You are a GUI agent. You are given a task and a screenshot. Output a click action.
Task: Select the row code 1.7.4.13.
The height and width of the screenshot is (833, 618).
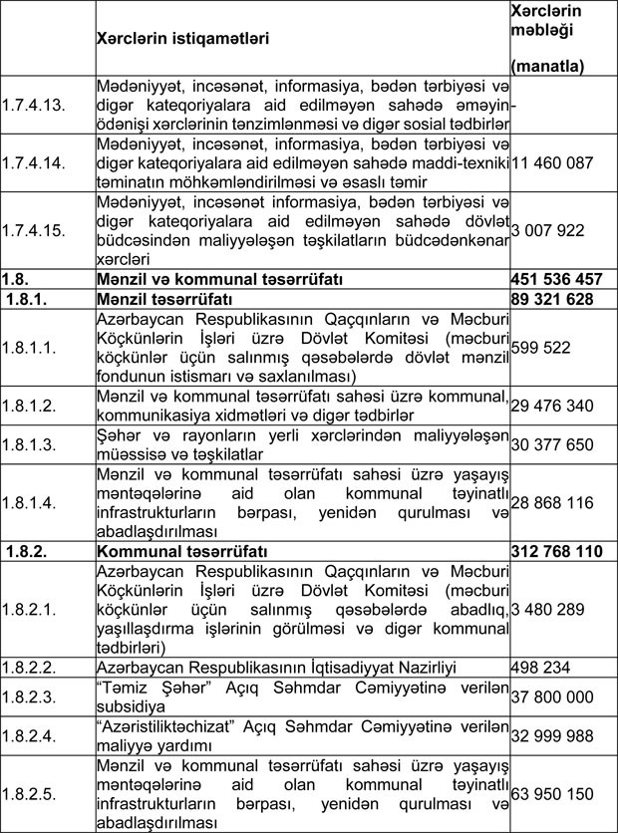click(x=34, y=106)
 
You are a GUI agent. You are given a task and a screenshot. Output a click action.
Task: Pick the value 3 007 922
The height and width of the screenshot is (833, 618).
click(x=545, y=229)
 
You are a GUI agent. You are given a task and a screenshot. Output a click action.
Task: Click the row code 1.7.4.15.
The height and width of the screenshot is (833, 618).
click(x=34, y=229)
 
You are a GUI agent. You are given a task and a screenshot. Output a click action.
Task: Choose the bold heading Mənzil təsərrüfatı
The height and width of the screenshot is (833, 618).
click(x=165, y=298)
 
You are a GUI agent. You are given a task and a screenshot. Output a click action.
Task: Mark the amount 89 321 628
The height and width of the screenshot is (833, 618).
click(x=551, y=298)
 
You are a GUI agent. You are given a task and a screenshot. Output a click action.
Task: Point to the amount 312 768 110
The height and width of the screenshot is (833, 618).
click(x=556, y=549)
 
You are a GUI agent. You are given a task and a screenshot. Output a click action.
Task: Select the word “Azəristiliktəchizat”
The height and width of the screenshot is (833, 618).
click(x=174, y=724)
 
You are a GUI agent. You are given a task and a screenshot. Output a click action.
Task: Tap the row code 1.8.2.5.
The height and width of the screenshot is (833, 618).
click(x=30, y=793)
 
